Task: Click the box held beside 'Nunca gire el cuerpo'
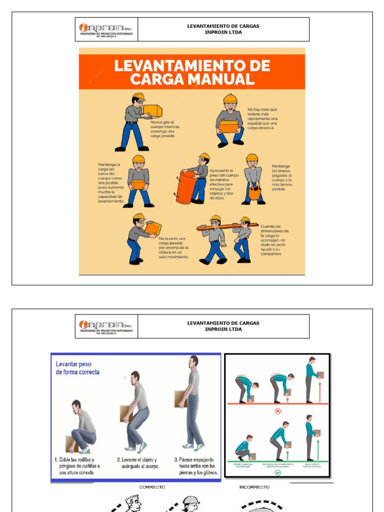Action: [x=152, y=111]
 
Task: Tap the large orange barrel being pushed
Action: [x=185, y=187]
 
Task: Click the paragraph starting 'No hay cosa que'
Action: [x=262, y=118]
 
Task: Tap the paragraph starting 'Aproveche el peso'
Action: [x=224, y=184]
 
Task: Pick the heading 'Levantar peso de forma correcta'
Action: [x=77, y=368]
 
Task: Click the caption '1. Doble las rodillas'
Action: [x=76, y=465]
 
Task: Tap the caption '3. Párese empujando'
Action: [x=195, y=465]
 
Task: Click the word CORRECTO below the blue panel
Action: [x=152, y=487]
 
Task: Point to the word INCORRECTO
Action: [x=254, y=487]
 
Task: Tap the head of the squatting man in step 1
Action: [x=76, y=405]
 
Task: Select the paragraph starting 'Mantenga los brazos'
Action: [x=282, y=177]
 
